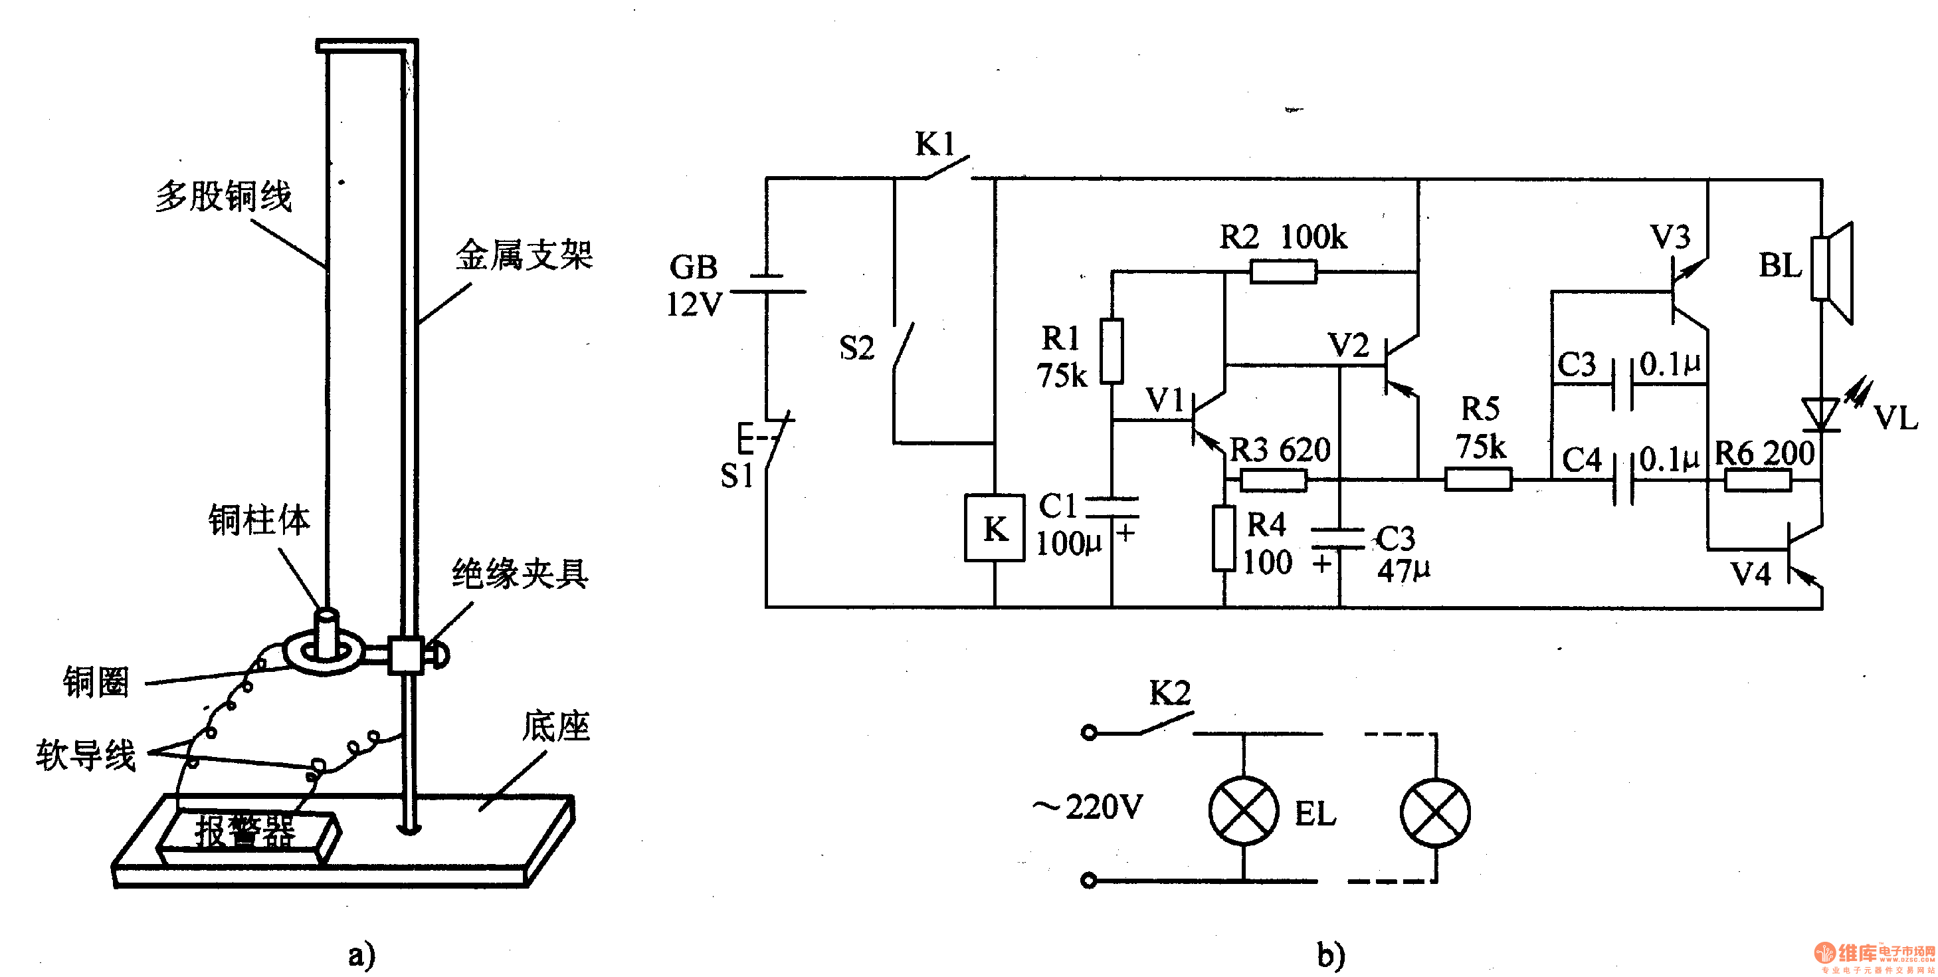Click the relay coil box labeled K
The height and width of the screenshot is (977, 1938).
coord(995,528)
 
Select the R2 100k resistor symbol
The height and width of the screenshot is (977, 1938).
coord(1284,271)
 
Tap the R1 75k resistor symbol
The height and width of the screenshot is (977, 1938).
coord(1112,351)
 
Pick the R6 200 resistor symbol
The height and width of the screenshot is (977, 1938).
coord(1757,479)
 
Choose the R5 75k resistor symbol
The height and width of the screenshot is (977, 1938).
coord(1478,479)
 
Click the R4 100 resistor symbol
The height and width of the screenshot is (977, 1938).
coord(1224,538)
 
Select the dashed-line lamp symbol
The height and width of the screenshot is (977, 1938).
coord(1434,813)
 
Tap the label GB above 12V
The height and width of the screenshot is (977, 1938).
coord(694,267)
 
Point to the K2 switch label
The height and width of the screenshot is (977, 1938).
coord(1170,693)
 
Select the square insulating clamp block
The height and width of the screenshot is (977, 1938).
coord(405,654)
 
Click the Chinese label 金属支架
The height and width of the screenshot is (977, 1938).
coord(524,255)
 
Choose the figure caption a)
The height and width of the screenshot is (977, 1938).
coord(362,954)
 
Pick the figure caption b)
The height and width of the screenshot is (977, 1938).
coord(1331,954)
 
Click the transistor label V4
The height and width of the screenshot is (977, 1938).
coord(1751,574)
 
